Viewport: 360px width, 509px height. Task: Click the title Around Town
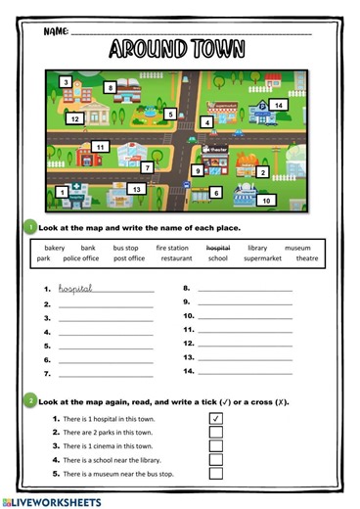pos(177,49)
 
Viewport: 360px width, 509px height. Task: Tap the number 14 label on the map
pos(279,105)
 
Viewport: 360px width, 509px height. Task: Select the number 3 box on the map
pos(67,82)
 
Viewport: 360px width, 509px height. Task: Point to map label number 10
pos(266,201)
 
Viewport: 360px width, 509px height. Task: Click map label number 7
pos(148,168)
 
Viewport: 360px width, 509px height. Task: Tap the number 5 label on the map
pos(170,115)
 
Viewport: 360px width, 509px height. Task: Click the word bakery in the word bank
pos(55,248)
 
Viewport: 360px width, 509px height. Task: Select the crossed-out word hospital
pos(217,248)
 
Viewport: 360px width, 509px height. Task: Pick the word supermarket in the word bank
pos(262,259)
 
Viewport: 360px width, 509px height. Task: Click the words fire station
pos(172,248)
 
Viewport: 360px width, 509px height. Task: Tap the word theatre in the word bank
pos(307,259)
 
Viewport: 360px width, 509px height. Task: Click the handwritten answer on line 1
pos(75,289)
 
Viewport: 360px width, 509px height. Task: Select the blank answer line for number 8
pos(245,290)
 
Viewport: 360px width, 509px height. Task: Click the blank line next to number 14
pos(245,373)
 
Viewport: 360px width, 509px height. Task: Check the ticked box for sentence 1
pos(216,418)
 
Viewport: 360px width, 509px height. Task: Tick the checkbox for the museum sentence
pos(216,474)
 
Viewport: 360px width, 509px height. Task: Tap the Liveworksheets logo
pos(53,501)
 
